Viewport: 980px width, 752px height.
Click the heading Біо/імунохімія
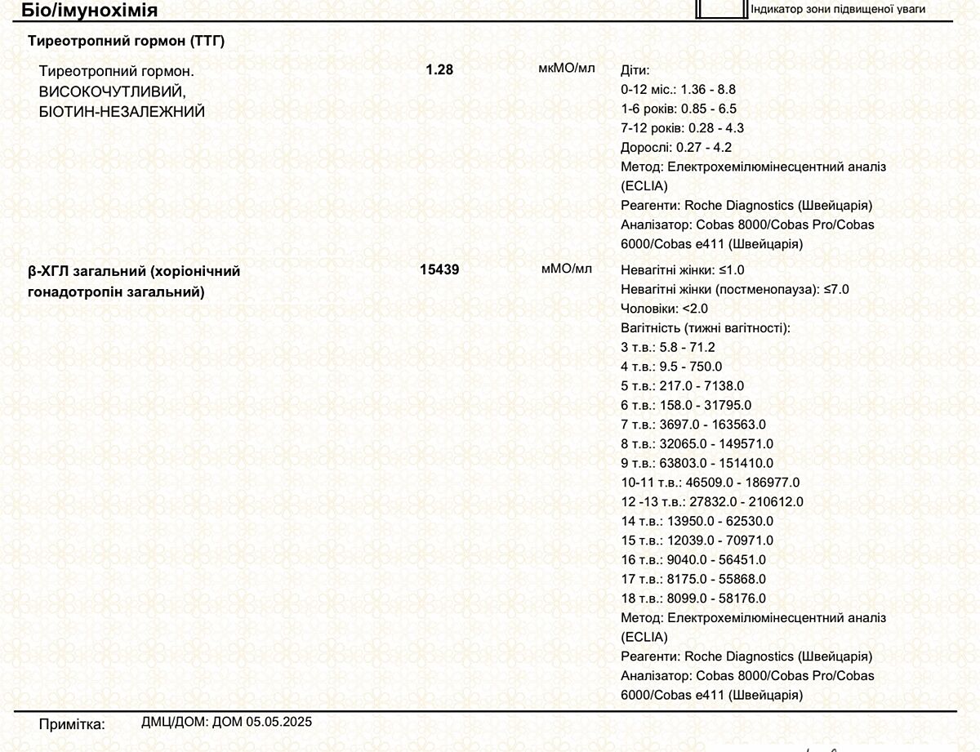pyautogui.click(x=90, y=10)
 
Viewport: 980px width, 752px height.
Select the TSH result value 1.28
pyautogui.click(x=439, y=69)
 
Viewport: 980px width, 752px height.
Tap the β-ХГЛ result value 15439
pyautogui.click(x=439, y=269)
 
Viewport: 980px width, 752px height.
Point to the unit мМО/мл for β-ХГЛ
pyautogui.click(x=566, y=268)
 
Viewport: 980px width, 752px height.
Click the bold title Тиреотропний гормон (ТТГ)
pyautogui.click(x=127, y=41)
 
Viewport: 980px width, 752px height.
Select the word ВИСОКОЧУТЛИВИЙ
pyautogui.click(x=113, y=91)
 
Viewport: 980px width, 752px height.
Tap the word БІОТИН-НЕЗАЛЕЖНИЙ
pyautogui.click(x=122, y=111)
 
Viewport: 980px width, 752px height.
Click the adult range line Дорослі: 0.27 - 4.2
pyautogui.click(x=676, y=148)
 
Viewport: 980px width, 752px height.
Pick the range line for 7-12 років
pyautogui.click(x=682, y=128)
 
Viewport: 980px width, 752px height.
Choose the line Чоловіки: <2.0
pyautogui.click(x=664, y=309)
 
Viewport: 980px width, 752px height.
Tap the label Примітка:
pyautogui.click(x=72, y=724)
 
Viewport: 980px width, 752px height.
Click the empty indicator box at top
pyautogui.click(x=720, y=8)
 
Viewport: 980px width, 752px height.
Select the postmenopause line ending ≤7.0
pyautogui.click(x=735, y=289)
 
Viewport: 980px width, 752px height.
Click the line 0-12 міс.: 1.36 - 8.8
pyautogui.click(x=678, y=89)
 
